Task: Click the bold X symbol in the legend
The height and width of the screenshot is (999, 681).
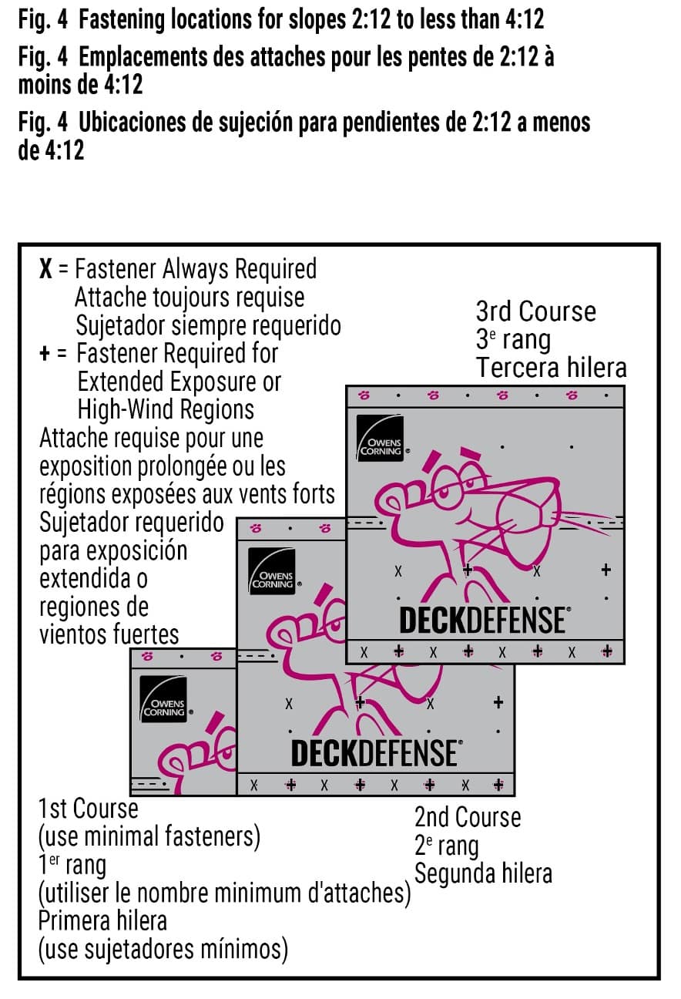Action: (x=45, y=269)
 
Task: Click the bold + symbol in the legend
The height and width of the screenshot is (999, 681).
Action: (x=45, y=354)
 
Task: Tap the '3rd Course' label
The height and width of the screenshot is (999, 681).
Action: (x=535, y=311)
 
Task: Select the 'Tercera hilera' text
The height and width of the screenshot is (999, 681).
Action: (x=551, y=368)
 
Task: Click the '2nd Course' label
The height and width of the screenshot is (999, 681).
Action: (x=467, y=817)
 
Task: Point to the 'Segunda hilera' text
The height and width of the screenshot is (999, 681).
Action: (x=483, y=873)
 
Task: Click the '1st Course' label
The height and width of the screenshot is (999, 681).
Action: (x=89, y=809)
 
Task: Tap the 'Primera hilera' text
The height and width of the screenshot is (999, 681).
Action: (x=102, y=920)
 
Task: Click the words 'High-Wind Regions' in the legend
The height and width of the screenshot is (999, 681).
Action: (x=166, y=409)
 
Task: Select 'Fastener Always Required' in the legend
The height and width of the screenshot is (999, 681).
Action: (x=196, y=269)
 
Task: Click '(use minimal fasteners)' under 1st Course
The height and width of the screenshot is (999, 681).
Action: (x=149, y=836)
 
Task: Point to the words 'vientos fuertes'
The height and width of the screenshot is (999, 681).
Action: (x=109, y=634)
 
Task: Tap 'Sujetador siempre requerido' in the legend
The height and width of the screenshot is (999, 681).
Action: (x=208, y=325)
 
